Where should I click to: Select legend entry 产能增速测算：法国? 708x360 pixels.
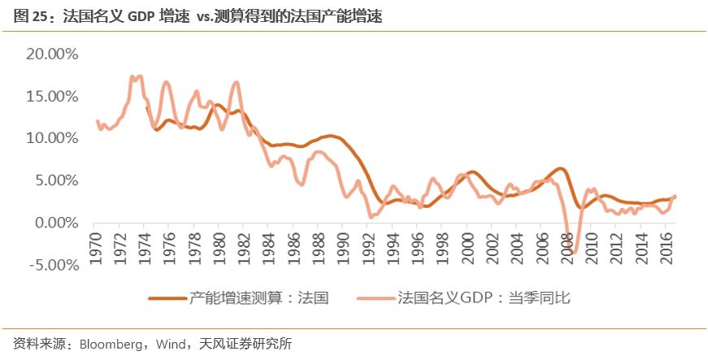258,298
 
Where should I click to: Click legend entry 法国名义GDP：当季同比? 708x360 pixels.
484,298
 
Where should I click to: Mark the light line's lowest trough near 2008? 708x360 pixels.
572,253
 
